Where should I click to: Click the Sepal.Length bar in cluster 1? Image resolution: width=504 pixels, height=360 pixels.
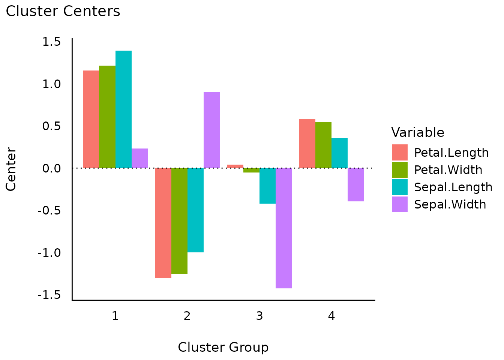pos(123,109)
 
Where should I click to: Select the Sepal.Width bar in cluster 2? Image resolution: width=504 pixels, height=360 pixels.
pos(211,130)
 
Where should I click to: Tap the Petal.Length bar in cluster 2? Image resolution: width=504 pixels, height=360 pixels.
pos(163,223)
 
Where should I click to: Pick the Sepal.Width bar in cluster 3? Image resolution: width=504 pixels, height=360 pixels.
pos(283,228)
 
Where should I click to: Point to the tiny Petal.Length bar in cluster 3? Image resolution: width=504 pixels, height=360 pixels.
pos(235,166)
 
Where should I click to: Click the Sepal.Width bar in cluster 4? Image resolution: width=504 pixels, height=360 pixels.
pos(355,184)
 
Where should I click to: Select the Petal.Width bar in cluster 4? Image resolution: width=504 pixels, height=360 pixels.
pos(323,145)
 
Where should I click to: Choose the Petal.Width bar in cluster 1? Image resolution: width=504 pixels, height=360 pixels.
pos(107,117)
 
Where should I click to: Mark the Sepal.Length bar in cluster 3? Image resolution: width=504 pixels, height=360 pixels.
pos(267,186)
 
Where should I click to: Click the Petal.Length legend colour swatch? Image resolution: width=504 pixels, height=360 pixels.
pos(400,153)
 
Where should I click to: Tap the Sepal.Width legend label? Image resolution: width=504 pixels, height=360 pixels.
pos(450,204)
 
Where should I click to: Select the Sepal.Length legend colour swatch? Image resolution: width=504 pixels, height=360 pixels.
pos(400,187)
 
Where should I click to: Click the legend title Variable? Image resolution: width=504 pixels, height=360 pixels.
pos(418,132)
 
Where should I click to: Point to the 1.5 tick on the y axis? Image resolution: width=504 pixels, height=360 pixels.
pos(51,42)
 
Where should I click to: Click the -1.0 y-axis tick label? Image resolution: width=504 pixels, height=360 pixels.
pos(49,253)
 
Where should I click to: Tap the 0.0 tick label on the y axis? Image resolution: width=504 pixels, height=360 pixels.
pos(51,168)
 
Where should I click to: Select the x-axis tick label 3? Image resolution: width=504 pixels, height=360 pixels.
pos(259,316)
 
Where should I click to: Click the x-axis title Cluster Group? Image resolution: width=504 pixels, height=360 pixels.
pos(223,347)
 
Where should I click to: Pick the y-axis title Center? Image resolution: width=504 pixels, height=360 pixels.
pos(11,169)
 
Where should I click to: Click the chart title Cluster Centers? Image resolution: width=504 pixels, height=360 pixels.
pos(63,11)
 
